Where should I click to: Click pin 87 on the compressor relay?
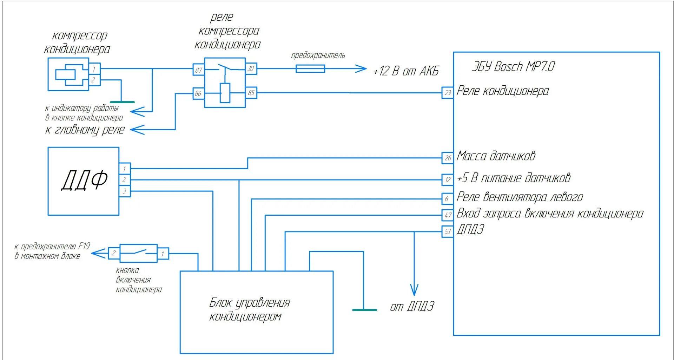pyautogui.click(x=199, y=70)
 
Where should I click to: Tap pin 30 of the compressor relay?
pyautogui.click(x=251, y=68)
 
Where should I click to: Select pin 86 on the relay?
pyautogui.click(x=198, y=93)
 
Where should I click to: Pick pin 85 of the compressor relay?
pyautogui.click(x=251, y=93)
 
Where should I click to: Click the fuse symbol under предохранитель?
pyautogui.click(x=310, y=68)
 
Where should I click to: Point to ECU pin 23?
pyautogui.click(x=448, y=93)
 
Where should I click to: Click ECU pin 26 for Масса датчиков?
pyautogui.click(x=448, y=158)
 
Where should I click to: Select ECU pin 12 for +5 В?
pyautogui.click(x=448, y=180)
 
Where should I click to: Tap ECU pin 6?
pyautogui.click(x=448, y=199)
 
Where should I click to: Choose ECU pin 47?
pyautogui.click(x=448, y=215)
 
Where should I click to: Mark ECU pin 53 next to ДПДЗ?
pyautogui.click(x=448, y=232)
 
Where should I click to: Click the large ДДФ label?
pyautogui.click(x=84, y=181)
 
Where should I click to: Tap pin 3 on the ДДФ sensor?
pyautogui.click(x=125, y=191)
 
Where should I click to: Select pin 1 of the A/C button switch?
pyautogui.click(x=163, y=253)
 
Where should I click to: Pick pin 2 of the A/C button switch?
pyautogui.click(x=114, y=253)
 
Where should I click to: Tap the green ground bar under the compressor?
pyautogui.click(x=121, y=102)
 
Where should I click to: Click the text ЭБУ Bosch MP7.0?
pyautogui.click(x=513, y=66)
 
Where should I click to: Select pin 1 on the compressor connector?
pyautogui.click(x=94, y=69)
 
